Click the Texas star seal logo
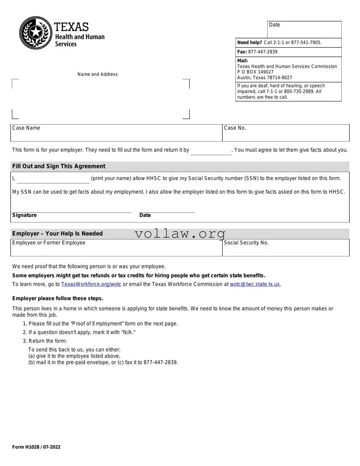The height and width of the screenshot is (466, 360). (36, 33)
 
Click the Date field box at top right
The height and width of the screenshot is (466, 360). (304, 29)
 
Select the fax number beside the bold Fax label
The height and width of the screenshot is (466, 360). (263, 52)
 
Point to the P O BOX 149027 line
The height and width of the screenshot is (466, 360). (255, 72)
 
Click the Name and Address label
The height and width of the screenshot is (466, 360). (97, 74)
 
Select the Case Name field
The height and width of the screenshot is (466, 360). (116, 133)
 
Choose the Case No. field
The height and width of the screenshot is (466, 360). (286, 133)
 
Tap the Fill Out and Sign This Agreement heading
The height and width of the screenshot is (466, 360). (59, 166)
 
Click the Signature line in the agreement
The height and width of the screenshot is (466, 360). (72, 209)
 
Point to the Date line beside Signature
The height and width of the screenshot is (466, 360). (167, 209)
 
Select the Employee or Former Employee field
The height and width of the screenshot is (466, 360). (116, 248)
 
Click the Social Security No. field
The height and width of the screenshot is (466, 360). (286, 248)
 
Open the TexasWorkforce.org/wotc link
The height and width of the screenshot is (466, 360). (91, 284)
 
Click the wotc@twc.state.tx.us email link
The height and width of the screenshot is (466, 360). (255, 284)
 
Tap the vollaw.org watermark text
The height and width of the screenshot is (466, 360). (180, 234)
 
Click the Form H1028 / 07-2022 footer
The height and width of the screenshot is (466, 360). (36, 447)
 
